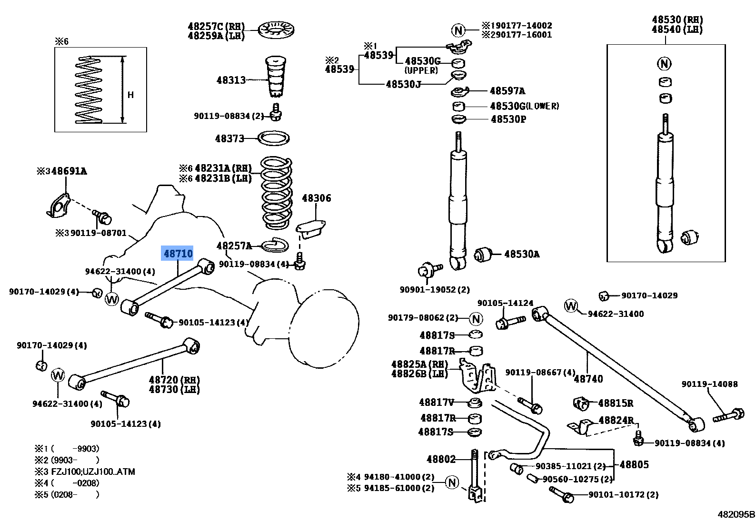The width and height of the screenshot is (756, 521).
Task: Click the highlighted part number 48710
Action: click(178, 254)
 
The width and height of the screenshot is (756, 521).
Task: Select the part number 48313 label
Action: click(231, 80)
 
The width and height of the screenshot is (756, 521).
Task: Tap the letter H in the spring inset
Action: click(130, 95)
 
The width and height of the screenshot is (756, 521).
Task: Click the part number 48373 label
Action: click(229, 138)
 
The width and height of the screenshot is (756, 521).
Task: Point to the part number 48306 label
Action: click(316, 198)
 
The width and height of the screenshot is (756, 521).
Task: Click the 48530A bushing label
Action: click(521, 254)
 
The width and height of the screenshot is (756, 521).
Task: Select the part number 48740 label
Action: click(588, 379)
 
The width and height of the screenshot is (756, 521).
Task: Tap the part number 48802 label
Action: click(441, 459)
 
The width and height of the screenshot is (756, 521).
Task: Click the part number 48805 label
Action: click(634, 464)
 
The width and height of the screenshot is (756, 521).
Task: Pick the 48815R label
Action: click(616, 403)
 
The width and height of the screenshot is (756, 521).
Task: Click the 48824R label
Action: click(616, 420)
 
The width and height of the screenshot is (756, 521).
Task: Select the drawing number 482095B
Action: click(736, 514)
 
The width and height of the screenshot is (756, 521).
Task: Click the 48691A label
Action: click(69, 171)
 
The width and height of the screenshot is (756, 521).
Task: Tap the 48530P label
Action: click(508, 119)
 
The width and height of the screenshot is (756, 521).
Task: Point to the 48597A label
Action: click(507, 91)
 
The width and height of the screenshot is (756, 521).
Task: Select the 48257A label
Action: click(234, 246)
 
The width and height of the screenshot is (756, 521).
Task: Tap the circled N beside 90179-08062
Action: click(476, 318)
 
